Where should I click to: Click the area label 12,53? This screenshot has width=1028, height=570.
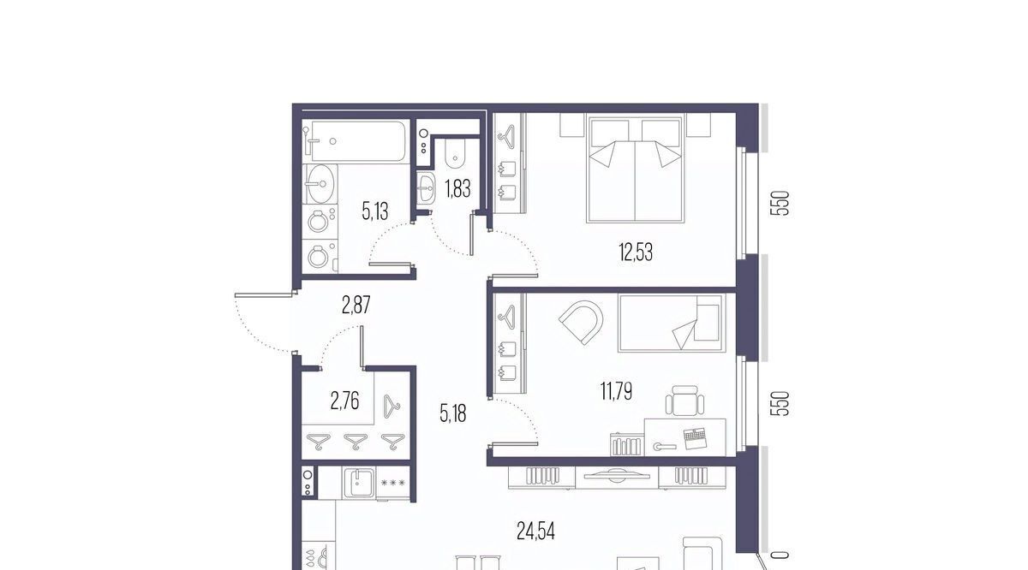click(636, 252)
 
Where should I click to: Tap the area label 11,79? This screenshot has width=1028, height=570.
click(616, 391)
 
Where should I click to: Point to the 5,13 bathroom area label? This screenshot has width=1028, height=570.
click(375, 212)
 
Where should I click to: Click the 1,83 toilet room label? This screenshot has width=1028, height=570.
click(457, 188)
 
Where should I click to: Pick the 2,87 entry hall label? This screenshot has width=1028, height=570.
click(356, 305)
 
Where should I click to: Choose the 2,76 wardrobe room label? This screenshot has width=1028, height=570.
click(344, 401)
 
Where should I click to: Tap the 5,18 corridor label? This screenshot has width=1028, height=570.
click(453, 413)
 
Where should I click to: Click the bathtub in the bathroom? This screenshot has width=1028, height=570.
click(355, 140)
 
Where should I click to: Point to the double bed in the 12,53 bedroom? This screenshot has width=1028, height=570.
click(635, 169)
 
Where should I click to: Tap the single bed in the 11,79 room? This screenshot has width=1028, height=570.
click(672, 324)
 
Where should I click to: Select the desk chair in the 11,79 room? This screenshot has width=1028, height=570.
click(684, 401)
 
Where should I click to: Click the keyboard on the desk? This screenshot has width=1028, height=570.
click(696, 438)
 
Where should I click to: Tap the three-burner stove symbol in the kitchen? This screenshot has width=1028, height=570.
click(393, 483)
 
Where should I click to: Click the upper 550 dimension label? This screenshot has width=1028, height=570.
click(780, 203)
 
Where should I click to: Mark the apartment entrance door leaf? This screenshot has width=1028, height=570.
click(264, 294)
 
